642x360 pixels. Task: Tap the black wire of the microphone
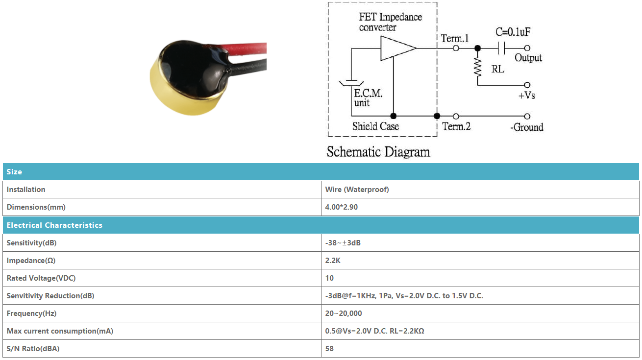pos(247,66)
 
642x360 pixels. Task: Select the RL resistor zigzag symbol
pos(477,67)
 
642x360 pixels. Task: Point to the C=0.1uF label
pos(513,32)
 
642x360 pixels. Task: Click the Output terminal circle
pos(527,48)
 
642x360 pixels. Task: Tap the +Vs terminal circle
pos(527,85)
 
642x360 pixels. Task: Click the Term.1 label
pos(455,38)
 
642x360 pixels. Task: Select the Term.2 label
pos(456,126)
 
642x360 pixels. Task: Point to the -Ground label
pos(527,127)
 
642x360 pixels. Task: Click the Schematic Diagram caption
pos(378,152)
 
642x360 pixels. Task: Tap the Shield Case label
pos(375,126)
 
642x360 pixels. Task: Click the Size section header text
pos(14,172)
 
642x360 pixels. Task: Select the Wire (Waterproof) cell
pos(357,190)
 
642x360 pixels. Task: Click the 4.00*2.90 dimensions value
pos(342,207)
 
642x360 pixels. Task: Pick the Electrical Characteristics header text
pos(54,225)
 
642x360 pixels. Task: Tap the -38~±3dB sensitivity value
pos(343,243)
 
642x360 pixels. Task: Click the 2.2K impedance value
pos(333,261)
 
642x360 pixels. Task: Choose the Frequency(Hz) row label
pos(31,313)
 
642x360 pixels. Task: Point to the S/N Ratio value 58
pos(329,349)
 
